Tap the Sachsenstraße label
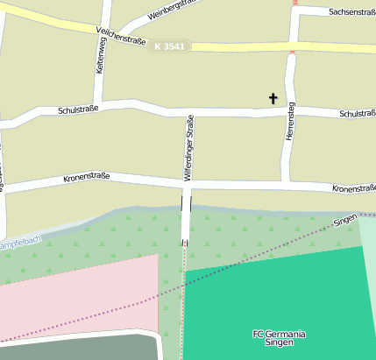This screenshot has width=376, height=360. coord(351,11)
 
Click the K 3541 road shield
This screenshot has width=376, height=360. coord(168,46)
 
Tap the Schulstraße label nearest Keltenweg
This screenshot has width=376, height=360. coord(78,109)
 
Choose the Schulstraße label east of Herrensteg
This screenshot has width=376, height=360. coord(356,114)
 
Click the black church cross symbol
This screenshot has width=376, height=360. coord(273,98)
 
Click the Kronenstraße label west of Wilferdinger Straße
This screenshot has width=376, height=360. coord(86,178)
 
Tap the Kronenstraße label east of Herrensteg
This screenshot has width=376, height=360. coord(353,188)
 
